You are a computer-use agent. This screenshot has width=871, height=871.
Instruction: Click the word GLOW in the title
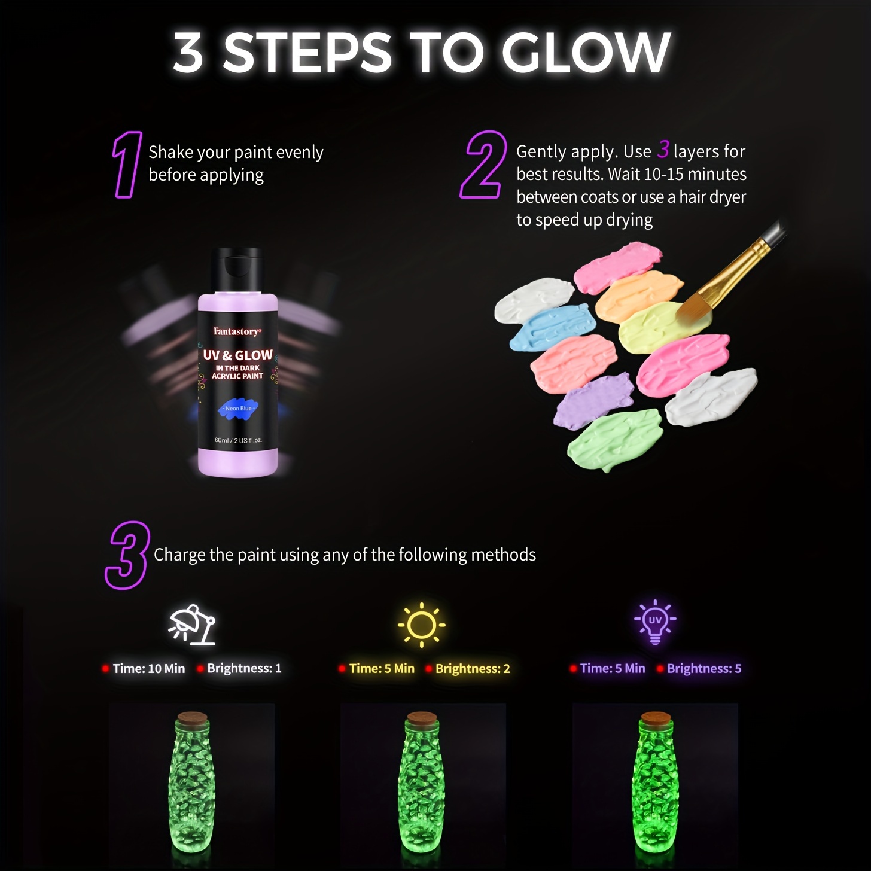coord(586,53)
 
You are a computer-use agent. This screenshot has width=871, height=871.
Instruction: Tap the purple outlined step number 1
coord(126,165)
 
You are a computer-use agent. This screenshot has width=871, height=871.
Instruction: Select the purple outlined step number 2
coord(482,165)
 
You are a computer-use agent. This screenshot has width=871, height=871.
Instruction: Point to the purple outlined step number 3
coord(127,555)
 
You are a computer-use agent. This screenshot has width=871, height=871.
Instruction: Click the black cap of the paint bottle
coord(237,270)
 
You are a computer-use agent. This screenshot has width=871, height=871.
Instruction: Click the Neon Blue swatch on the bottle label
coord(238,408)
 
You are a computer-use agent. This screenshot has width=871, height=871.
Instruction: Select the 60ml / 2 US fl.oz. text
coord(238,440)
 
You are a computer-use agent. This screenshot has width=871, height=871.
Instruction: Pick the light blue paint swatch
coord(552,327)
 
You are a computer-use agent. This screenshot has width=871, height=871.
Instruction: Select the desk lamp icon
coord(192,625)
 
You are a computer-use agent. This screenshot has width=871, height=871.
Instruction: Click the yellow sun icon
coord(422,625)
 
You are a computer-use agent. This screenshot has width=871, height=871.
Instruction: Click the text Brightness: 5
coord(703,669)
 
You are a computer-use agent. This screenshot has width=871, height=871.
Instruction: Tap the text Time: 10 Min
coord(149,669)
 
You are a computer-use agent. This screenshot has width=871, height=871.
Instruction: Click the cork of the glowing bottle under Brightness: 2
coord(422,717)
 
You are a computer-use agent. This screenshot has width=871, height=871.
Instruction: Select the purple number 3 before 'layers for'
coord(663,150)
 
